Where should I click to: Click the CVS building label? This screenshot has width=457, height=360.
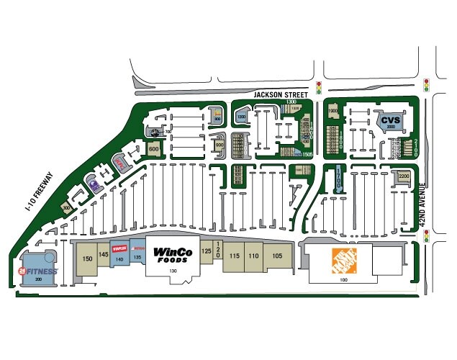pyautogui.click(x=390, y=120)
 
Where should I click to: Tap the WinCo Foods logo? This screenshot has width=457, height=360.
pyautogui.click(x=172, y=254)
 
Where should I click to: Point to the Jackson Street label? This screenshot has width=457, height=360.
pyautogui.click(x=277, y=94)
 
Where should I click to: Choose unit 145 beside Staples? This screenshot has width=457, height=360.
pyautogui.click(x=104, y=254)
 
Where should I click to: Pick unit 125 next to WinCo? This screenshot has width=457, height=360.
pyautogui.click(x=207, y=251)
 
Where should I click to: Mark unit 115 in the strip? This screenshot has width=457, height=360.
pyautogui.click(x=234, y=256)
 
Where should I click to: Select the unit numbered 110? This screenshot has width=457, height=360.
pyautogui.click(x=253, y=256)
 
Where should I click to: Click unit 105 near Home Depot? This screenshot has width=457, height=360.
pyautogui.click(x=278, y=256)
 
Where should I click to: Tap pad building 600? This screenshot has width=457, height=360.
pyautogui.click(x=153, y=149)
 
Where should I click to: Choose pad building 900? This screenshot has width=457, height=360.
pyautogui.click(x=219, y=145)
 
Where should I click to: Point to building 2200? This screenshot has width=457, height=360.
pyautogui.click(x=403, y=176)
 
